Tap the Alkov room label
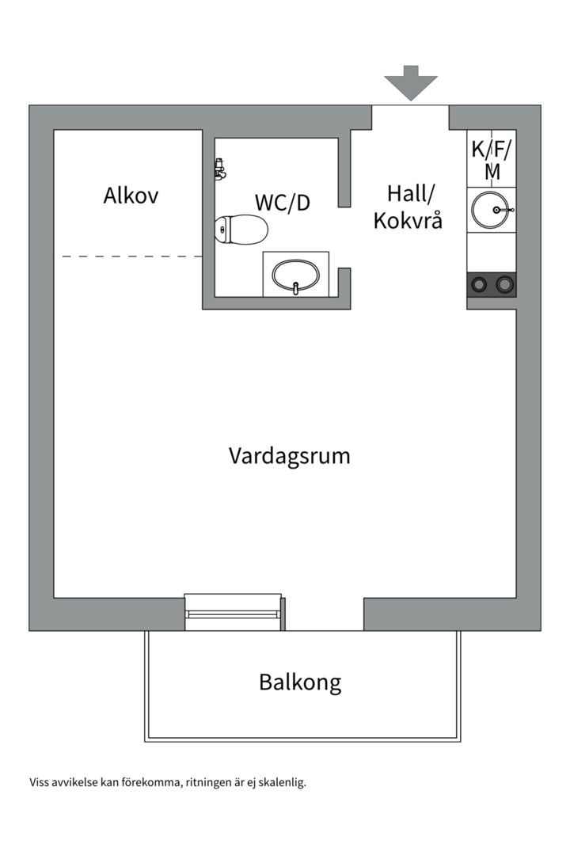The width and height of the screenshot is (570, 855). [x=131, y=196]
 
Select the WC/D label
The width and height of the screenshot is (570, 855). [x=283, y=203]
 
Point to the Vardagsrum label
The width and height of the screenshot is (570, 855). [x=289, y=456]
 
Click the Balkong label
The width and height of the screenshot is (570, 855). [x=300, y=682]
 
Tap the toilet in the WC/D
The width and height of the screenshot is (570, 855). [x=241, y=230]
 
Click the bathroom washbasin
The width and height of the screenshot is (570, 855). [x=295, y=275]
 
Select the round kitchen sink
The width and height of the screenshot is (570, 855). [x=490, y=210]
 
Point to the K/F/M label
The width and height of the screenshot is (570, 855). [x=492, y=158]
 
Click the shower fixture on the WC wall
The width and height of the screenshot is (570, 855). [x=219, y=169]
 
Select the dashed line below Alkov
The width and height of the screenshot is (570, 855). [x=131, y=256]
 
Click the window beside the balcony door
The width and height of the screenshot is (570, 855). [x=233, y=612]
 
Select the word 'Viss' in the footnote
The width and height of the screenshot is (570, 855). [x=40, y=782]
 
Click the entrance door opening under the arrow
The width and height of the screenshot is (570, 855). [x=411, y=116]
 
